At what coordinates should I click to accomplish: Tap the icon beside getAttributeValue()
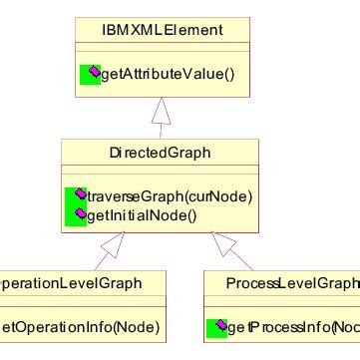click(90, 73)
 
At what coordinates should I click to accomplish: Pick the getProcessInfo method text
click(295, 327)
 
